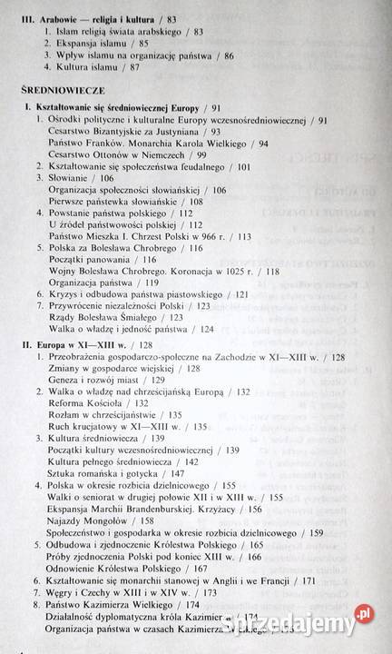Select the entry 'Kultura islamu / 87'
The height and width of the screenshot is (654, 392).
102,68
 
